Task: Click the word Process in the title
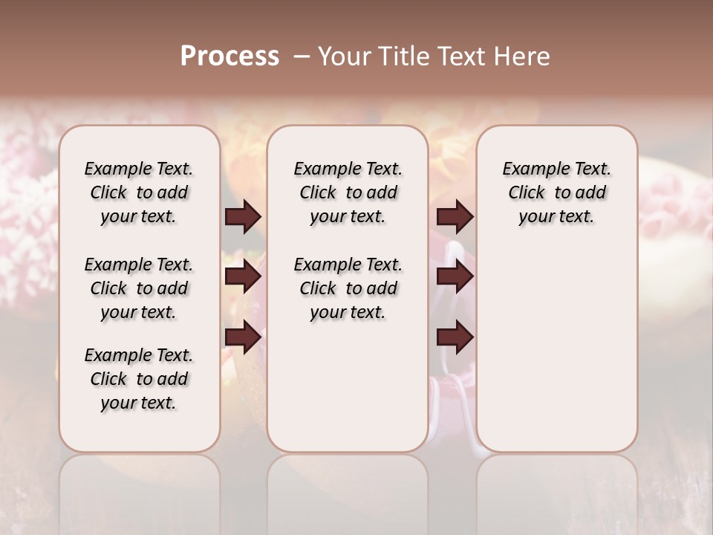pyautogui.click(x=229, y=56)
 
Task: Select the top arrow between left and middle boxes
pyautogui.click(x=242, y=217)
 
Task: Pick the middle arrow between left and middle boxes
pyautogui.click(x=242, y=277)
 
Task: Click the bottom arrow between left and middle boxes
pyautogui.click(x=242, y=337)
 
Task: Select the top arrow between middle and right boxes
pyautogui.click(x=455, y=217)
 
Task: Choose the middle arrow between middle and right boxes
pyautogui.click(x=455, y=277)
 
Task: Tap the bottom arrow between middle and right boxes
pyautogui.click(x=455, y=337)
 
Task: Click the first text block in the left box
pyautogui.click(x=139, y=192)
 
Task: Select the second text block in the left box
pyautogui.click(x=139, y=288)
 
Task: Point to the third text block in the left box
pyautogui.click(x=139, y=379)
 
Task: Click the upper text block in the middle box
pyautogui.click(x=348, y=192)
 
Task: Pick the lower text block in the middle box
pyautogui.click(x=348, y=288)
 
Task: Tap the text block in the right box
pyautogui.click(x=556, y=192)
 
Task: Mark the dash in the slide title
pyautogui.click(x=302, y=56)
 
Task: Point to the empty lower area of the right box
pyautogui.click(x=556, y=342)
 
